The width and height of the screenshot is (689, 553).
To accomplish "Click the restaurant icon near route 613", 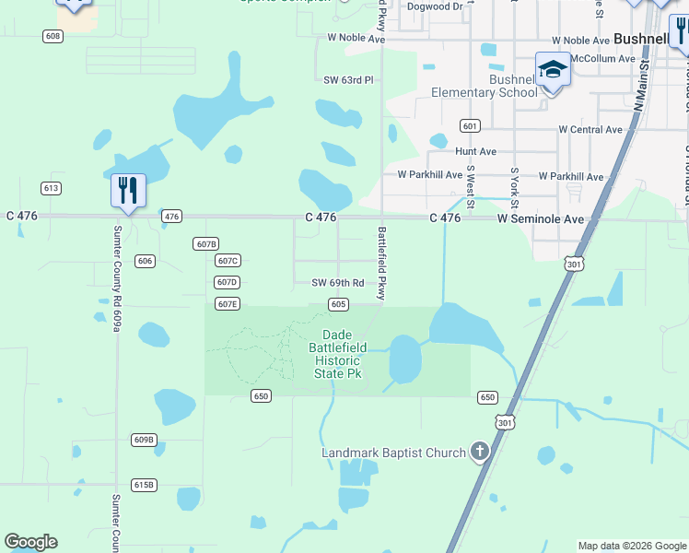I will (x=127, y=191).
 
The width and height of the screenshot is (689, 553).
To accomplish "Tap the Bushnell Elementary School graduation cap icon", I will (x=553, y=70).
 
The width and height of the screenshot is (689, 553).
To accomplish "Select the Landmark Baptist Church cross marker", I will (x=479, y=452).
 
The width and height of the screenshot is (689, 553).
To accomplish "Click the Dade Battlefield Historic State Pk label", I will (x=344, y=354).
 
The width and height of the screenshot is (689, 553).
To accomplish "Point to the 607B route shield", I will (x=206, y=243).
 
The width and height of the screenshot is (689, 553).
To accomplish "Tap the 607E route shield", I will (x=228, y=303).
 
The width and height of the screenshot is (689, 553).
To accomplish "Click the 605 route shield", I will (x=338, y=304).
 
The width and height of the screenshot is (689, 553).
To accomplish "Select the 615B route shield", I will (x=144, y=484).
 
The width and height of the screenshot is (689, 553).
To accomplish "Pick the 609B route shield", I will (x=144, y=440).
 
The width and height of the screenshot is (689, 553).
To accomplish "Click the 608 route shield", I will (x=53, y=36).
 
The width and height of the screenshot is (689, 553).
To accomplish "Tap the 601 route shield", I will (x=470, y=125).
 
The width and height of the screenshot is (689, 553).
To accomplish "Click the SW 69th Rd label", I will (x=338, y=283).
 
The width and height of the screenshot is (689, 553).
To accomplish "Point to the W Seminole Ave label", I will (x=541, y=219).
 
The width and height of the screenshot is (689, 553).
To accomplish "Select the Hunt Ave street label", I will (x=475, y=151).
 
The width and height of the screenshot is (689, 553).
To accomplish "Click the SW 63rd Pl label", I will (x=348, y=80).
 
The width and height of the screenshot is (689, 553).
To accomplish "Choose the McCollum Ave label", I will (x=603, y=58).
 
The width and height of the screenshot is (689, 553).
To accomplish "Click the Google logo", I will (x=31, y=542).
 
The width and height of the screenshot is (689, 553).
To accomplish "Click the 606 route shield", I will (x=145, y=261).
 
